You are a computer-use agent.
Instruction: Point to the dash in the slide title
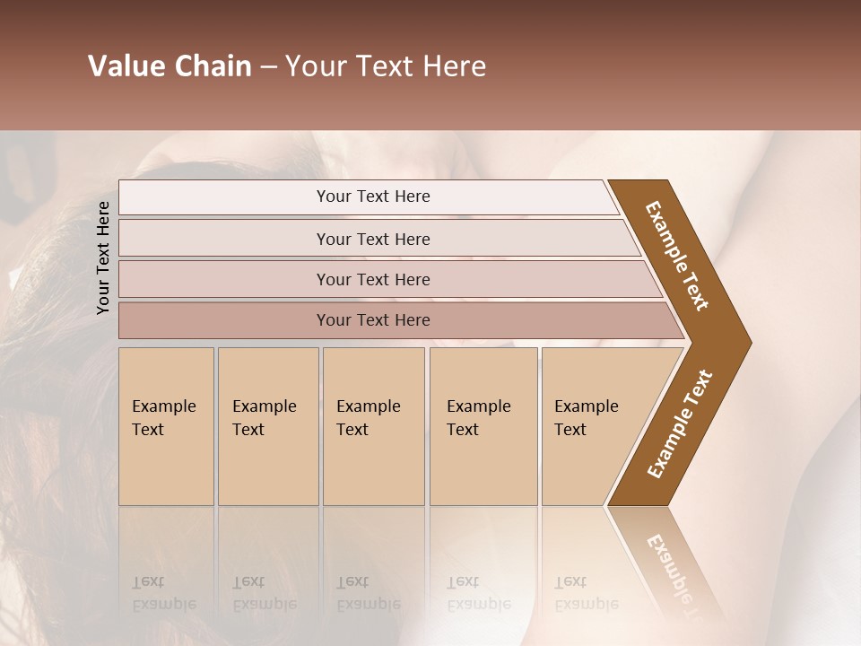268,67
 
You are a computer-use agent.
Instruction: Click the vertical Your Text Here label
103,258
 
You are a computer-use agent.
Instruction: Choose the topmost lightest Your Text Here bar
373,196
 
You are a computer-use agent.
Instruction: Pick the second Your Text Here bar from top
373,239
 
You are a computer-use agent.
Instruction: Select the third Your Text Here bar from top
373,279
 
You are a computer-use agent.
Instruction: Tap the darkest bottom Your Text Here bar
373,320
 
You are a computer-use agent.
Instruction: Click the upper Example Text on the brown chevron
677,256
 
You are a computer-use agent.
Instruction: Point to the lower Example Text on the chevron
680,423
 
